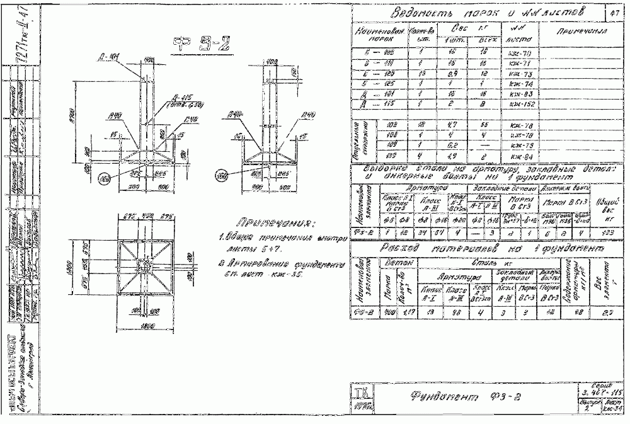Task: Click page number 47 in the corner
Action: coord(615,13)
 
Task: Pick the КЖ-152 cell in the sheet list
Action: coord(522,105)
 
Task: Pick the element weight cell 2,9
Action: coord(605,312)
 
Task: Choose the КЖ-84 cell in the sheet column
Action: coord(522,157)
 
